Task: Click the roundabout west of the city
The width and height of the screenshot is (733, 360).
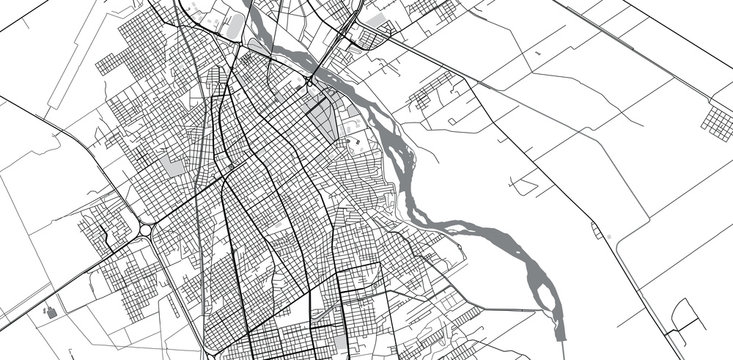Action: click(x=144, y=229)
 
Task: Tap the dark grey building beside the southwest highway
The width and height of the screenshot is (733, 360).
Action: click(x=48, y=312)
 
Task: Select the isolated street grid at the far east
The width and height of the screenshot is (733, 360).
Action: click(x=717, y=120)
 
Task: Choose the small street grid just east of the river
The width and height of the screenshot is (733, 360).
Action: click(x=427, y=97)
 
